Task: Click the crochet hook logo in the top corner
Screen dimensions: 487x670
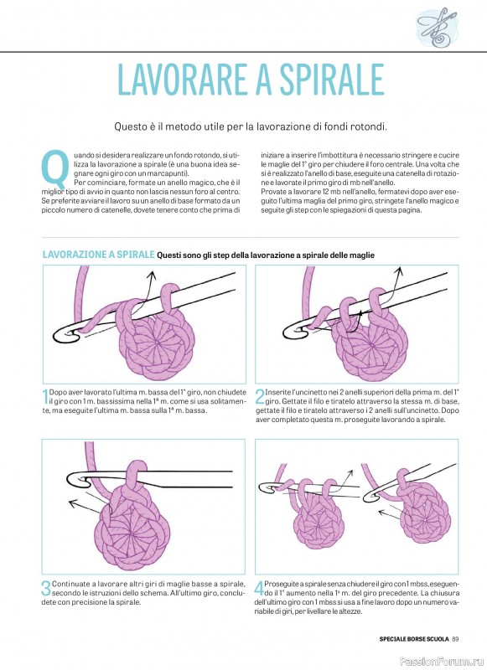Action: click(436, 27)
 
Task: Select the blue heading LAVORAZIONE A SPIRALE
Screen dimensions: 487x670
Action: click(98, 255)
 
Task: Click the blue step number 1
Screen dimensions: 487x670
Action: click(45, 397)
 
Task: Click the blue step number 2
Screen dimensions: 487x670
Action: click(260, 397)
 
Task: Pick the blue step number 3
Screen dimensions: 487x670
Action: click(46, 589)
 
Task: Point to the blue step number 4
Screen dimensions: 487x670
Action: click(259, 589)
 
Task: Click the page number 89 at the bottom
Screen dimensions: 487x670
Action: click(455, 639)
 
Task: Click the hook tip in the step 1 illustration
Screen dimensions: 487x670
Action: click(56, 334)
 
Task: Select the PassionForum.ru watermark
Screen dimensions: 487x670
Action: click(442, 662)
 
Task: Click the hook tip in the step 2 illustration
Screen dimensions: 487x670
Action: click(288, 332)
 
